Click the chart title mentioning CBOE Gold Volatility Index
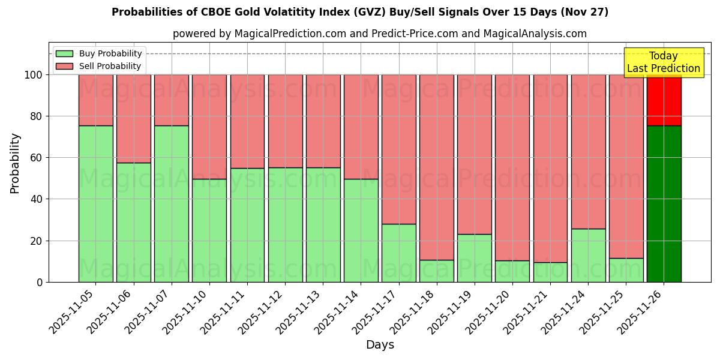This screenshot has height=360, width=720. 360,12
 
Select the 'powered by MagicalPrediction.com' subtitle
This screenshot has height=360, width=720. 379,34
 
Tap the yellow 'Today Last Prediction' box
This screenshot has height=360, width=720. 663,62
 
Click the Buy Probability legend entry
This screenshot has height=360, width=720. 99,53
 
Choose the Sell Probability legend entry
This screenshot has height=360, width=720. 99,66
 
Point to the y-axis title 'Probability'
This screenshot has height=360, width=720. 15,163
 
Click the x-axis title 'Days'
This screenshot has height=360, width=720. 380,345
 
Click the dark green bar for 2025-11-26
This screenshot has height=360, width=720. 664,204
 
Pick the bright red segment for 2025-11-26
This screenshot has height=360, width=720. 664,100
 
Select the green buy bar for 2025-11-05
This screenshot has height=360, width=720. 96,204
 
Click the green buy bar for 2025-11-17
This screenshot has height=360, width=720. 398,253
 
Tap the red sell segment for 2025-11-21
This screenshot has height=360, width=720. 550,168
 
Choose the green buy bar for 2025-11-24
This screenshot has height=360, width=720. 588,255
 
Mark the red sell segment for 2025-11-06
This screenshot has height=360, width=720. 134,118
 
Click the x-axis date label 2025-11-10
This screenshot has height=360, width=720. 187,311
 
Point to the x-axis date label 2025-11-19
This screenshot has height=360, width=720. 452,311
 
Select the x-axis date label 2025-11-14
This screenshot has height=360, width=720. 339,311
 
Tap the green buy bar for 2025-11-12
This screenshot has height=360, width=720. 285,225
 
